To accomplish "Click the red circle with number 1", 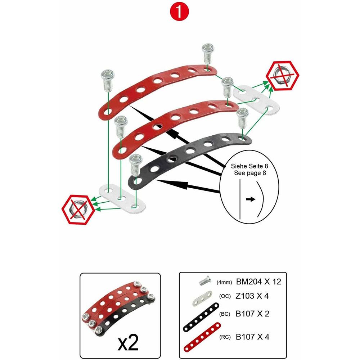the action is click(x=179, y=12).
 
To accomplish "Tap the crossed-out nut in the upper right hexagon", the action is click(x=282, y=76).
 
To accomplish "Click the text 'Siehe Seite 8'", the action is click(x=249, y=166).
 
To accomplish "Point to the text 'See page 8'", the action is click(x=250, y=173).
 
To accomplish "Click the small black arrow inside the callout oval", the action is click(x=251, y=199).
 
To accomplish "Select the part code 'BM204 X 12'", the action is click(x=258, y=282).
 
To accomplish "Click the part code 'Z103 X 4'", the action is click(x=252, y=296).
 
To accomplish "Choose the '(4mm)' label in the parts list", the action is click(x=224, y=282).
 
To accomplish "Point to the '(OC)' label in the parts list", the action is click(x=225, y=296).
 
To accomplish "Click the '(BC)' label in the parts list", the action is click(x=225, y=314).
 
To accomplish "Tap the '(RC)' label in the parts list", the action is click(x=225, y=337).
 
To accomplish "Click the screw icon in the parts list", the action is click(x=204, y=281).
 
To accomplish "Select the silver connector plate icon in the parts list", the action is click(x=202, y=298).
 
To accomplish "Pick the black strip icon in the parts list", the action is click(x=201, y=317).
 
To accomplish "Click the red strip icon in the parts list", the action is click(x=202, y=337).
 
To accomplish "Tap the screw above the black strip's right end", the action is click(x=242, y=118).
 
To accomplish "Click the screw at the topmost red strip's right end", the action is click(x=208, y=54).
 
